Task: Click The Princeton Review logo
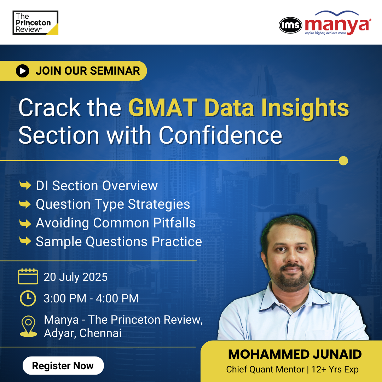(x=35, y=23)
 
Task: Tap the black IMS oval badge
(x=290, y=25)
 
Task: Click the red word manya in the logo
(x=337, y=25)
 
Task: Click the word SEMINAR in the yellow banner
(x=115, y=71)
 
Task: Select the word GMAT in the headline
(x=163, y=108)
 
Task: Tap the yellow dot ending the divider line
(x=343, y=161)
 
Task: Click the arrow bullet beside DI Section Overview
(x=25, y=185)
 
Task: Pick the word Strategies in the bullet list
(x=159, y=204)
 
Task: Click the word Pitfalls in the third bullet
(x=174, y=223)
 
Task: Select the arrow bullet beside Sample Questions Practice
(x=25, y=241)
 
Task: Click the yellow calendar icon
(x=28, y=276)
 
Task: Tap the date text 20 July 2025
(x=76, y=277)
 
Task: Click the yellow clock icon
(x=28, y=298)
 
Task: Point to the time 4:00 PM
(x=117, y=299)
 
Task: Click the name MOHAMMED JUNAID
(x=295, y=354)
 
